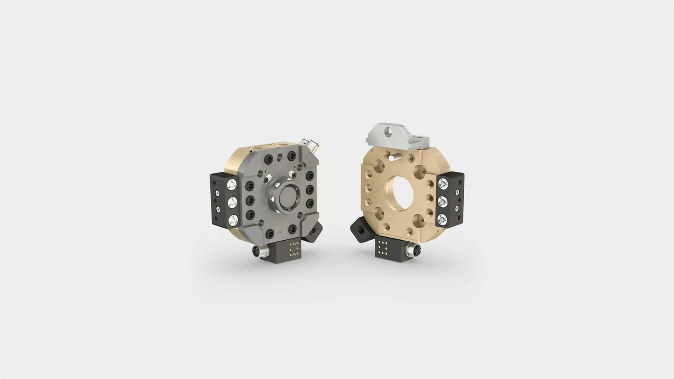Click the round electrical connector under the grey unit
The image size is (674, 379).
[256, 253]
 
